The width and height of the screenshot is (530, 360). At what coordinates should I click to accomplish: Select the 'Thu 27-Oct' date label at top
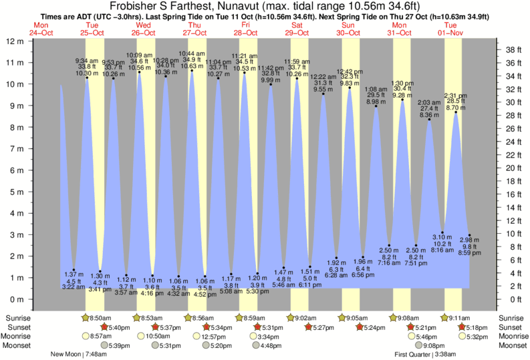(x=193, y=28)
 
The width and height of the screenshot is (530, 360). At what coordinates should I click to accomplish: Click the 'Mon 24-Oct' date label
(x=40, y=28)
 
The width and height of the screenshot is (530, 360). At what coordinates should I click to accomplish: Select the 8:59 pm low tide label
(x=471, y=252)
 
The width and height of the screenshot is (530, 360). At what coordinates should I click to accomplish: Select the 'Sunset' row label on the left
(x=18, y=327)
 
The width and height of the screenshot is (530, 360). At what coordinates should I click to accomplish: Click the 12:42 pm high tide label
(x=350, y=71)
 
